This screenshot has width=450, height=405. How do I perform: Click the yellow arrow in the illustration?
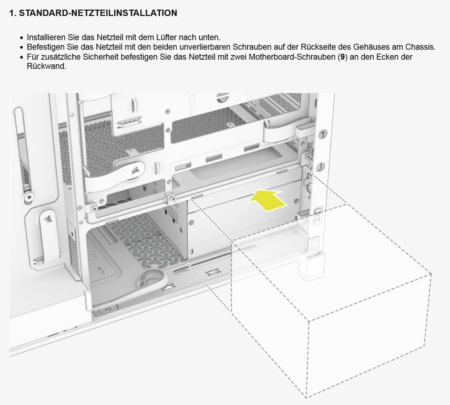coord(267,200)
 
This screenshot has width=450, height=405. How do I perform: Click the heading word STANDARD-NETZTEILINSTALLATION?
coord(98,13)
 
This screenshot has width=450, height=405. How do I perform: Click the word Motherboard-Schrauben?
coord(292,57)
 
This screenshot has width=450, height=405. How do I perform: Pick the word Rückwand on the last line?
coord(47,66)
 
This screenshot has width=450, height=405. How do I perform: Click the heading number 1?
coord(13,13)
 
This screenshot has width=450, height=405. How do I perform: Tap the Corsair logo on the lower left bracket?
coord(48,218)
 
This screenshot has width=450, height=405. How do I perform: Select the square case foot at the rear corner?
coord(311,267)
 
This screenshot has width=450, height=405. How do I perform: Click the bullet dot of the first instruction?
coord(22,38)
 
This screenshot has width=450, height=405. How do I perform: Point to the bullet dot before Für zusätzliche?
coord(22,58)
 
